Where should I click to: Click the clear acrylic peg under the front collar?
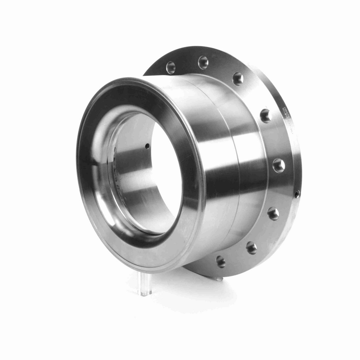coord(144,277)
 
